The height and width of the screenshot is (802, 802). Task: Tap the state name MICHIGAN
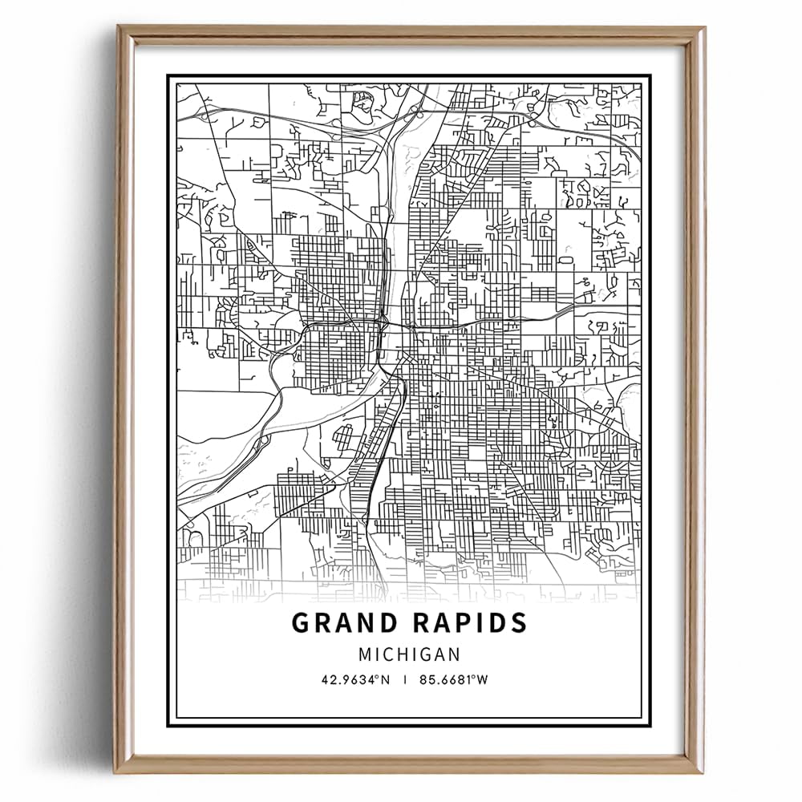(409, 654)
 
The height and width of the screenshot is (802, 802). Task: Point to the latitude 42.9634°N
(354, 679)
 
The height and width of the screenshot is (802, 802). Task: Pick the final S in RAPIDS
(519, 623)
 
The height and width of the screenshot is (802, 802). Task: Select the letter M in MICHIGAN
(366, 654)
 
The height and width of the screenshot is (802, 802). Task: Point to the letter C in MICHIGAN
(392, 654)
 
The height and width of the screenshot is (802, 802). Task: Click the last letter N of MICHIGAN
(455, 654)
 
